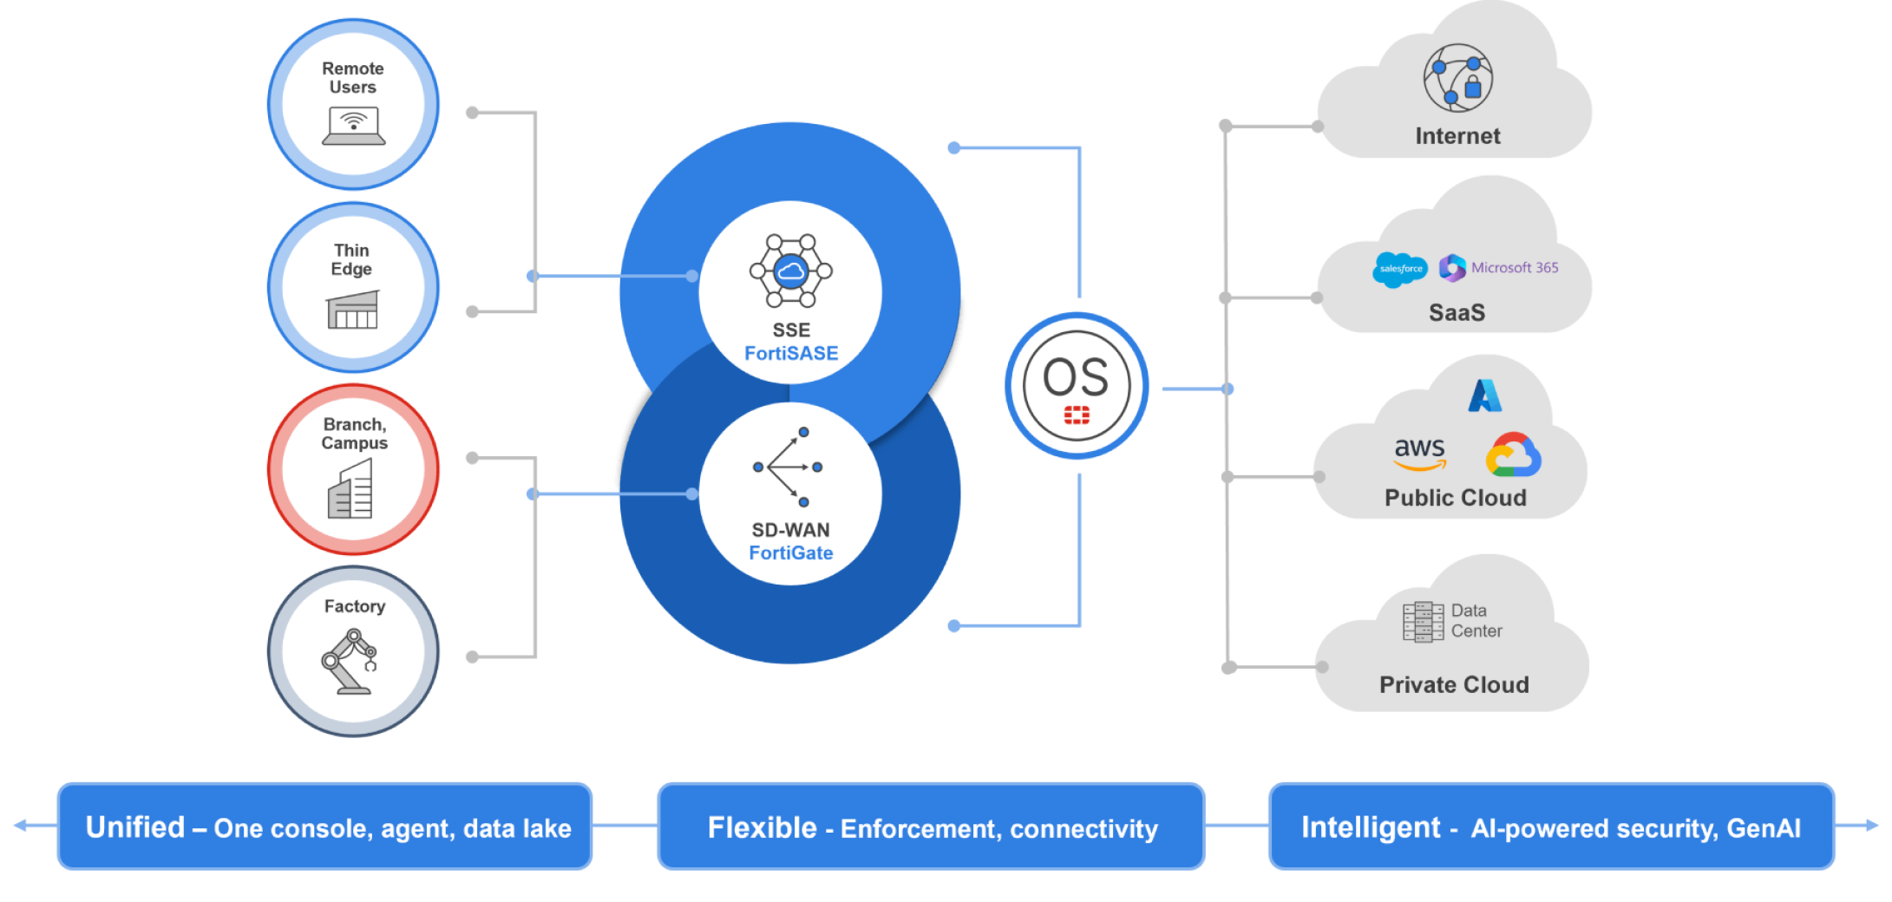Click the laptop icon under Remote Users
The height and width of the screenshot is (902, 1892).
point(353,126)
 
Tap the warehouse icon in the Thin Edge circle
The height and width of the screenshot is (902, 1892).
point(352,310)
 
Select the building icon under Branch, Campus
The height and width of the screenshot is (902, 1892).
point(351,489)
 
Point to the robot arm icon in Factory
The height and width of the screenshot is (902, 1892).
point(350,662)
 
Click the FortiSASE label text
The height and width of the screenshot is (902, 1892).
point(791,353)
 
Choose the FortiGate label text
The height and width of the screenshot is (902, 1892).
point(790,552)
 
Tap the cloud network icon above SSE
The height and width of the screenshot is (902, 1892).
point(790,271)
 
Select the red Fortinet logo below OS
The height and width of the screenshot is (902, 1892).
point(1077,415)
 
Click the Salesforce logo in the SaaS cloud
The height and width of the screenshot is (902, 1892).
point(1400,269)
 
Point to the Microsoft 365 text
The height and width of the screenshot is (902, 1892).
point(1514,268)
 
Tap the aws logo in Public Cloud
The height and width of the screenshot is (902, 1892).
point(1419,453)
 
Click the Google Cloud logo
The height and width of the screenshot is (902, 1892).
point(1513,454)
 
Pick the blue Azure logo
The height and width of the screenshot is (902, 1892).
point(1484,395)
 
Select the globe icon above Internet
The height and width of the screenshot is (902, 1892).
point(1457,78)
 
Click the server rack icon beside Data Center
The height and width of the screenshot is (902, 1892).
point(1423,621)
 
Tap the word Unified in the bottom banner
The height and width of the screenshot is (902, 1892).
point(135,827)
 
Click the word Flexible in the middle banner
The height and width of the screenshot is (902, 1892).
point(762,827)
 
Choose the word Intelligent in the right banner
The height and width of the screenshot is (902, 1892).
point(1370,827)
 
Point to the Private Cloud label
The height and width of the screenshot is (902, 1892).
point(1454,684)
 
